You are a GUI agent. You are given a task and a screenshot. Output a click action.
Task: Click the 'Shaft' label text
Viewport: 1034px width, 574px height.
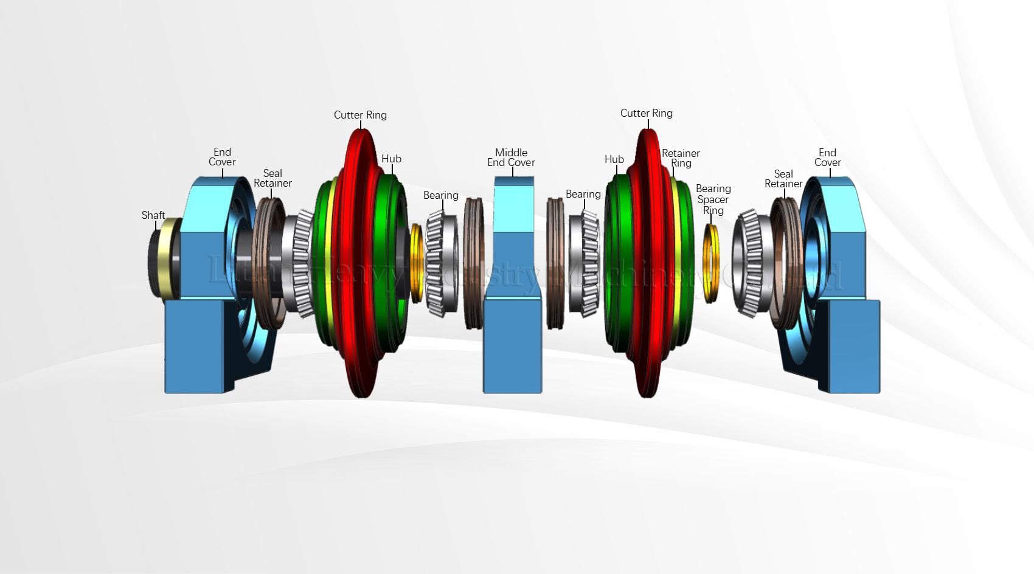(x=153, y=215)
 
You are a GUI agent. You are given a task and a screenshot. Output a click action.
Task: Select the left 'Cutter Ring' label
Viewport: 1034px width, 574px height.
(x=360, y=115)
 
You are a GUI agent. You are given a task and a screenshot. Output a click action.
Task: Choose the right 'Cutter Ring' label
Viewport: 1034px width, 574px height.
(x=646, y=113)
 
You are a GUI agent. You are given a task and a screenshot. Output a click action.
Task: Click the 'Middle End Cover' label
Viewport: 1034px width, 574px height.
(x=511, y=157)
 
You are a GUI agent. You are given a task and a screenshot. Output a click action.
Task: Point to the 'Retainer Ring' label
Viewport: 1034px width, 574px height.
(x=681, y=158)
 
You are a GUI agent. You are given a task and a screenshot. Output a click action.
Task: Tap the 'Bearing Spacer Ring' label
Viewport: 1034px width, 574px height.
(x=713, y=199)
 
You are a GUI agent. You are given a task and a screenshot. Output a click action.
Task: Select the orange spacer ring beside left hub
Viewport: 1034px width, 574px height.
(x=416, y=263)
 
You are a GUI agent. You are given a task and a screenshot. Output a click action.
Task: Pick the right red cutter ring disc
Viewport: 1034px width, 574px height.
(x=646, y=261)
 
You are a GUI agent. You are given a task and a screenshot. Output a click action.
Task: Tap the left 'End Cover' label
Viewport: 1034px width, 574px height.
(x=222, y=157)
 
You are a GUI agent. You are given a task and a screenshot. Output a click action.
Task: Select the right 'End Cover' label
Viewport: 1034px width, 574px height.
(x=827, y=157)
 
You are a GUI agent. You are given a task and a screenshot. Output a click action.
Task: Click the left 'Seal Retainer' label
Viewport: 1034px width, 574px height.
(x=272, y=178)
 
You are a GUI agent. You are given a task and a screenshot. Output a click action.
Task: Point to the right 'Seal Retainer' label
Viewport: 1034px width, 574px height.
(x=783, y=179)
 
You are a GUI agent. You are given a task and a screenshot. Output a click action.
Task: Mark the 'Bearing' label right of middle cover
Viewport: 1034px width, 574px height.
(x=583, y=194)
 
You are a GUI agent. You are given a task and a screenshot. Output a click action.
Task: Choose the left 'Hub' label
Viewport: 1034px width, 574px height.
(x=391, y=159)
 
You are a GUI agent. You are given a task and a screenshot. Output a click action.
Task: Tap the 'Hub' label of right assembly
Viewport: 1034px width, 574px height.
(x=614, y=159)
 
